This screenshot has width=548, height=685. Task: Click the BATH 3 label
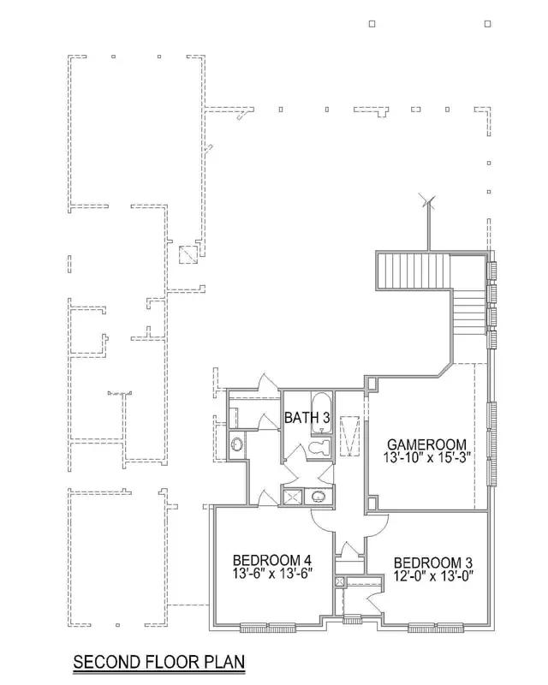307,417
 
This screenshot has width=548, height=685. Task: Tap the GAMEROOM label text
427,444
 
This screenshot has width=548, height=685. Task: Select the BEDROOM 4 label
271,560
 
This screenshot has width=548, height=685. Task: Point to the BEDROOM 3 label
433,563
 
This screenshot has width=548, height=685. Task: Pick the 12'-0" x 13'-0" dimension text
433,575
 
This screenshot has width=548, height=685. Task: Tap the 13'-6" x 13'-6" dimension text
271,573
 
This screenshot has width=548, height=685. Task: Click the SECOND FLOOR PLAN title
159,661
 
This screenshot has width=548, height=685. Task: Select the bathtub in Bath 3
322,414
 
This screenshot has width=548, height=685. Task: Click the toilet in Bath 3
319,447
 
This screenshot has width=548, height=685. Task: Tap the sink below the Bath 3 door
319,497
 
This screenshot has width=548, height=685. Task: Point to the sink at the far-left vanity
237,444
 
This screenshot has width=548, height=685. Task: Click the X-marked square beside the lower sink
293,497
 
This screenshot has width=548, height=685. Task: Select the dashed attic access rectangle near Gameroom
349,436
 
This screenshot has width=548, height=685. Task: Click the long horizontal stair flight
414,271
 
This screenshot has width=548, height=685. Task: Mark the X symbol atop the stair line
428,201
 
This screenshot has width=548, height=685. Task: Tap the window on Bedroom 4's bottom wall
267,628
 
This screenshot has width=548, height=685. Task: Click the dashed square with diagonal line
188,254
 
